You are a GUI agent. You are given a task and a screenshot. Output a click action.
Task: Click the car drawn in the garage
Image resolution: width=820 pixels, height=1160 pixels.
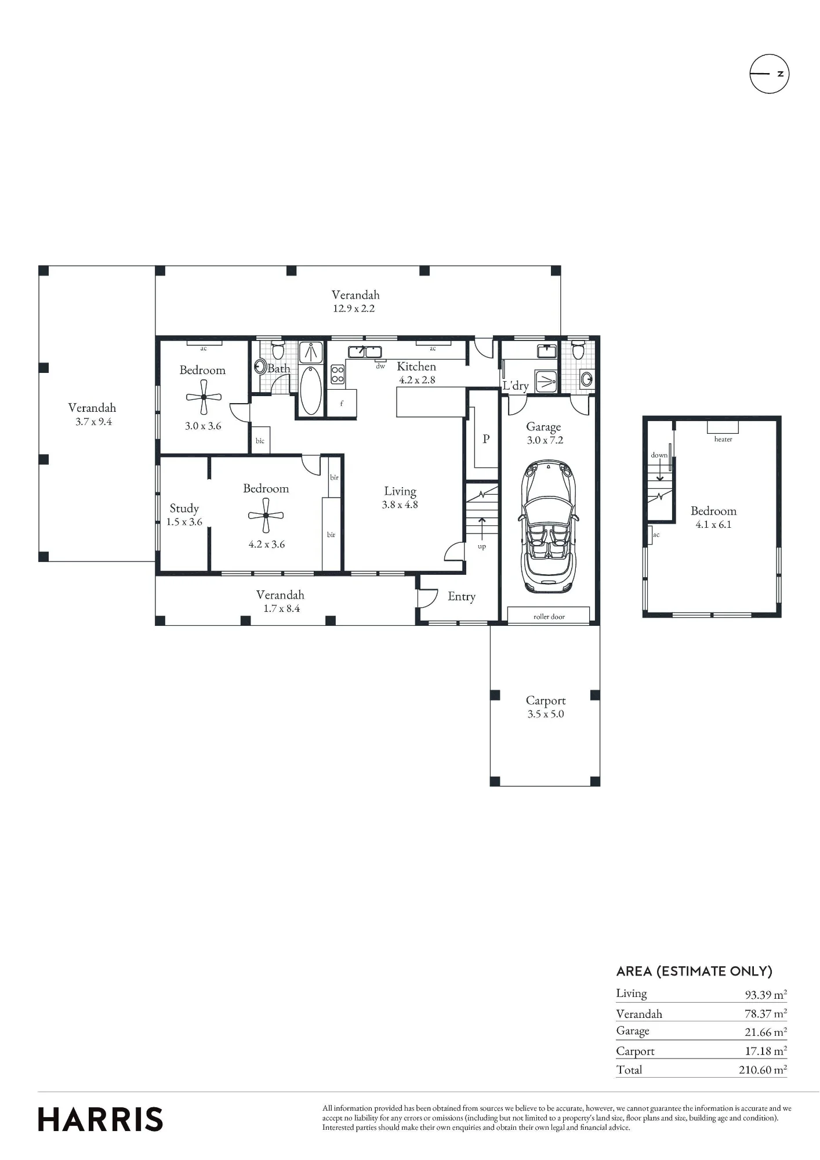[547, 527]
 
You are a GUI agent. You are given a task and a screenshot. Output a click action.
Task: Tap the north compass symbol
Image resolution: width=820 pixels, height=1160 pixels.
[770, 74]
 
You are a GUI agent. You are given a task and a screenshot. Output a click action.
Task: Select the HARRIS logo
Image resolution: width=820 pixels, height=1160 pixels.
[100, 1119]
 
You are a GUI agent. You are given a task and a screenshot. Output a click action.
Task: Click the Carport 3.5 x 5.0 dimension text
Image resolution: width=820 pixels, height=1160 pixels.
[546, 714]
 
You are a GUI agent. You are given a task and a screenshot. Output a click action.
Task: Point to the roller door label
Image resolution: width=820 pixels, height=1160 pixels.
[549, 617]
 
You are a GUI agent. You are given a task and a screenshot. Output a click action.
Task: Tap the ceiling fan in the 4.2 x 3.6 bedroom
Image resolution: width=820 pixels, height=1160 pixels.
[266, 515]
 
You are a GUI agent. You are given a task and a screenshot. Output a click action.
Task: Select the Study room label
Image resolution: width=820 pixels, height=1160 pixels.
[184, 509]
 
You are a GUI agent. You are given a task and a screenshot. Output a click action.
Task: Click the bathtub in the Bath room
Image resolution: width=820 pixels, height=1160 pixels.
[311, 390]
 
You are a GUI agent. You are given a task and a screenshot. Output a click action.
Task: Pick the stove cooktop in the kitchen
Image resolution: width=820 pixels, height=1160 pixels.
[337, 374]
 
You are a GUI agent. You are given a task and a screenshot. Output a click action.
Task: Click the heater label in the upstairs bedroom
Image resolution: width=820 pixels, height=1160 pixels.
[723, 440]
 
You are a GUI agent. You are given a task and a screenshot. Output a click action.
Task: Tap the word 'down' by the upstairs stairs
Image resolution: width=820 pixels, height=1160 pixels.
[659, 455]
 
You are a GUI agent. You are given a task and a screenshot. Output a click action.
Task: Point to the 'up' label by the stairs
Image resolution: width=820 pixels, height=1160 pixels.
[482, 546]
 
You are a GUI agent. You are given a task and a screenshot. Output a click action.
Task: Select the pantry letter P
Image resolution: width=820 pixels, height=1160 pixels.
[486, 439]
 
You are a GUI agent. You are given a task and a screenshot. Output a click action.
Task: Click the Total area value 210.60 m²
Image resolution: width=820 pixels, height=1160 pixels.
[763, 1070]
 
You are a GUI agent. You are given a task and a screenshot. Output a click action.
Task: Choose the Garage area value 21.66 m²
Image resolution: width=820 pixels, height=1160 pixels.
[765, 1032]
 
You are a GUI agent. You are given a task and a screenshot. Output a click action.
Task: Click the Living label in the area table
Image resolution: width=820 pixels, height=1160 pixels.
[632, 994]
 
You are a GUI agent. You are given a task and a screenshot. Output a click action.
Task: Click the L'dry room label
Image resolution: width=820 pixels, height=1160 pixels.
[516, 386]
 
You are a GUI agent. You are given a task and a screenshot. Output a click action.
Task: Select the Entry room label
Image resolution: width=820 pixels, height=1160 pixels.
[462, 597]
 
